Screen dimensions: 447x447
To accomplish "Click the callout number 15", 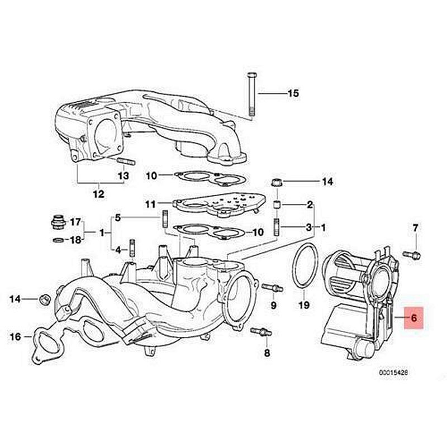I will [293, 93].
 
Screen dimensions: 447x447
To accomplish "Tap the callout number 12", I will [98, 194].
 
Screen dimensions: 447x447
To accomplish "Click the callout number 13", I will [123, 175].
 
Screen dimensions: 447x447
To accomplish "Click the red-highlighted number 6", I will [414, 318].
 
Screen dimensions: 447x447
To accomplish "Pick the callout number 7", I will [415, 228].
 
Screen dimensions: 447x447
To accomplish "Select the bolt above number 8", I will [260, 332].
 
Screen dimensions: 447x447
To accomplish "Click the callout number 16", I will [15, 336].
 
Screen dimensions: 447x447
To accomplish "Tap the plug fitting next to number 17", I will [56, 222].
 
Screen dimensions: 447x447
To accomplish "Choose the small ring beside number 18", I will [57, 240].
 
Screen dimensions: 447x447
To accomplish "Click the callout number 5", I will [118, 217].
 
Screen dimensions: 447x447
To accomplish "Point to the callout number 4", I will [118, 249].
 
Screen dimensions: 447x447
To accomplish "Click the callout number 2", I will [309, 205].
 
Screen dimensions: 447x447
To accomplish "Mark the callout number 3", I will [309, 227].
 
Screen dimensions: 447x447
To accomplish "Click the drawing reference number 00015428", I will [392, 372].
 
